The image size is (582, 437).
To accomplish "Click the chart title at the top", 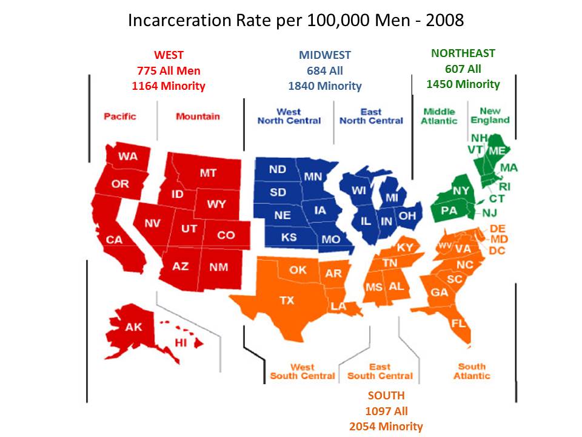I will pos(296,21).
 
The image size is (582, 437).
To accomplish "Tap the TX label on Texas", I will pos(287,300).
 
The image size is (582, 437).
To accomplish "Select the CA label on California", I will pos(114,240).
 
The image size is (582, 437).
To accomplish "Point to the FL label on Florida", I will pos(459,323).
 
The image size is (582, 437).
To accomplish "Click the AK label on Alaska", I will pos(133,327).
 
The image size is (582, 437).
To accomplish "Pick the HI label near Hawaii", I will pos(181,343).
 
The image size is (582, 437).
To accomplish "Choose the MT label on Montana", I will pos(208,173).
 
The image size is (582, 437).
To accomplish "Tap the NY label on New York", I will pos(461,191).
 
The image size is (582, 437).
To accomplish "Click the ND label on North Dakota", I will pos(277,169).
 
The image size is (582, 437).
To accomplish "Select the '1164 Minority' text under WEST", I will pos(169,86).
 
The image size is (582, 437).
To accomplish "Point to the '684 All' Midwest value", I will pos(325,70).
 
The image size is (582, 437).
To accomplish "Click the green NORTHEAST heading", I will pos(463,53).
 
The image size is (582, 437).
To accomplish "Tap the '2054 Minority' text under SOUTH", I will pos(386,426).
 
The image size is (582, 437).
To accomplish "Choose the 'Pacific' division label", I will pos(120,116).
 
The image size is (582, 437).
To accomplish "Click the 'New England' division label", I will pos(490,115).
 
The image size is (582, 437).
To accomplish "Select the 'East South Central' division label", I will pos(380,371).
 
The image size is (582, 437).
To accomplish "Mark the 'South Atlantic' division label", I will pos(472,371).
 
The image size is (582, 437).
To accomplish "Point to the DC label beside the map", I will pos(497,251).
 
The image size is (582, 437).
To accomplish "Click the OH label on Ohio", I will pos(407,215).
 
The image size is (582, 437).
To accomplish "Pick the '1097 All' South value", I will pos(386,411).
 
